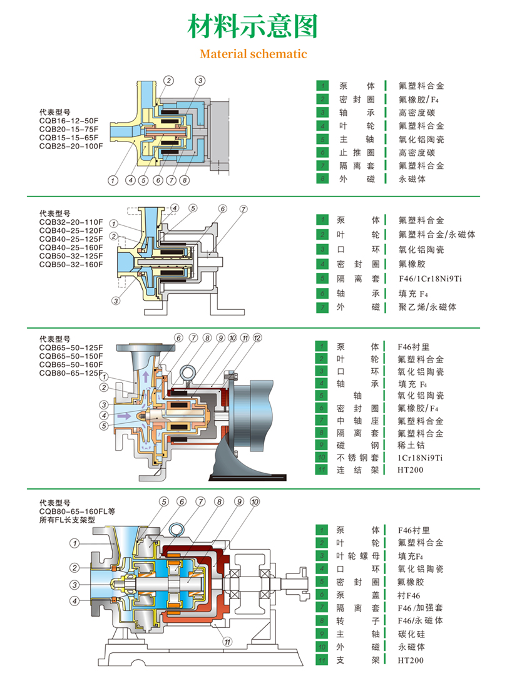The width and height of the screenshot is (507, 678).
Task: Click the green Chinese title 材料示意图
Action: (253, 26)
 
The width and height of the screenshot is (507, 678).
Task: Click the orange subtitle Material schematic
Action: (253, 54)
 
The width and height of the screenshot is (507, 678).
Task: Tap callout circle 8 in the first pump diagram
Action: (184, 180)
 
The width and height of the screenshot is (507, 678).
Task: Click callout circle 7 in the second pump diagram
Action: (243, 209)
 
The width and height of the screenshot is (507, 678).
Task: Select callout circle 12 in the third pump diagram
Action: (257, 338)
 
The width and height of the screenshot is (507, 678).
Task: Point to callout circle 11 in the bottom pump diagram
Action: (228, 640)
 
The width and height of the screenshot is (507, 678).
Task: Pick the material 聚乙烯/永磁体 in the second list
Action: (428, 307)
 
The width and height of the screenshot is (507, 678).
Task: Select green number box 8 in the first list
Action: (322, 179)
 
